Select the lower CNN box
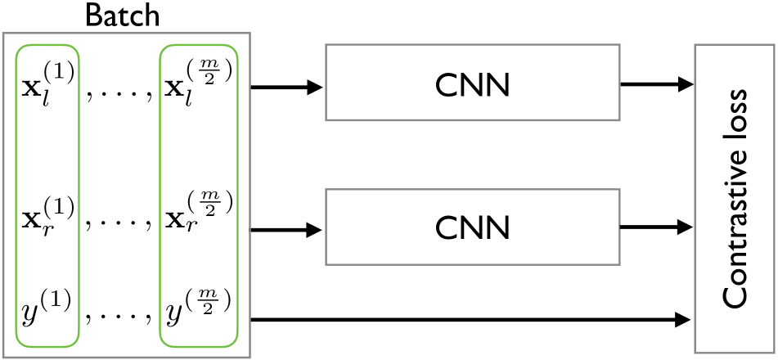472,227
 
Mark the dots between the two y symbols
119,316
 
